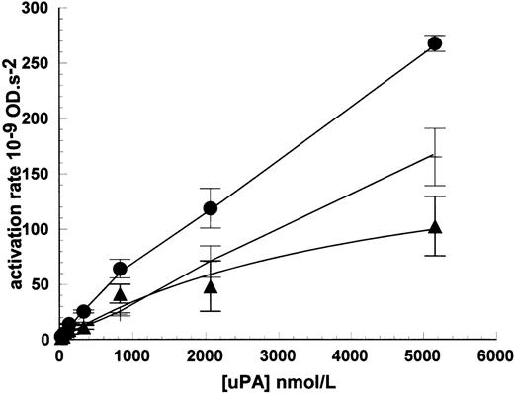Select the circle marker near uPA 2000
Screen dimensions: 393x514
click(x=210, y=208)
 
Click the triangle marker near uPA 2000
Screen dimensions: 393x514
click(x=210, y=286)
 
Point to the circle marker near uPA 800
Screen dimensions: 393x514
click(x=121, y=269)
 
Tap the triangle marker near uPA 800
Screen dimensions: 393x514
click(x=121, y=294)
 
